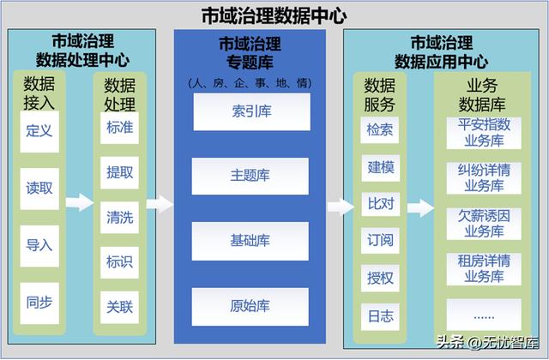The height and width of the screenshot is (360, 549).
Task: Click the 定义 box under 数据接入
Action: click(x=39, y=131)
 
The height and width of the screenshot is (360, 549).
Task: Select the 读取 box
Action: click(x=39, y=189)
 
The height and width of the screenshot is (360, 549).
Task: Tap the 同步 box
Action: click(x=39, y=303)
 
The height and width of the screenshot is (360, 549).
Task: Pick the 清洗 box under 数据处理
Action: click(x=119, y=217)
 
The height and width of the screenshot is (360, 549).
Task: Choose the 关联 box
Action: click(x=119, y=307)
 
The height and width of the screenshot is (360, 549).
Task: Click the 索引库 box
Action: click(x=251, y=111)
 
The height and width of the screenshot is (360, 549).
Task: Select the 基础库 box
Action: click(x=250, y=241)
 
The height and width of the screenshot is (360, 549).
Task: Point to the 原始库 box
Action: click(x=250, y=307)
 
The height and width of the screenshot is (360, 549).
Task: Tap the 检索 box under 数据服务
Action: click(x=379, y=129)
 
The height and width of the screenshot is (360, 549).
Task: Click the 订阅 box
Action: click(x=380, y=240)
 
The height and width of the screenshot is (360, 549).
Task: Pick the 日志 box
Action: click(x=380, y=316)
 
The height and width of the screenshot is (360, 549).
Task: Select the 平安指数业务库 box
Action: click(x=484, y=133)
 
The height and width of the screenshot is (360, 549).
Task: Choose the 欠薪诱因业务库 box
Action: click(x=484, y=224)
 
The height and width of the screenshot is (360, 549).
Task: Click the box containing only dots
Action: click(x=484, y=315)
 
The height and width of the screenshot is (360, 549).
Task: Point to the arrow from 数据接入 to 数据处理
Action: click(x=80, y=202)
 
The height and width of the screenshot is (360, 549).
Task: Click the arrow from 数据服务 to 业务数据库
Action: click(x=420, y=208)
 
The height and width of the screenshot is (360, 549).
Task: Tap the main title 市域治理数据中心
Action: click(x=274, y=15)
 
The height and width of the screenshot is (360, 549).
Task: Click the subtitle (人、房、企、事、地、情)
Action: click(x=250, y=83)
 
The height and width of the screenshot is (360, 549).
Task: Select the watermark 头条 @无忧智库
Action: click(x=488, y=342)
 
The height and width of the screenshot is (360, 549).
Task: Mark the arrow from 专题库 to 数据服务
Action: click(x=341, y=207)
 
